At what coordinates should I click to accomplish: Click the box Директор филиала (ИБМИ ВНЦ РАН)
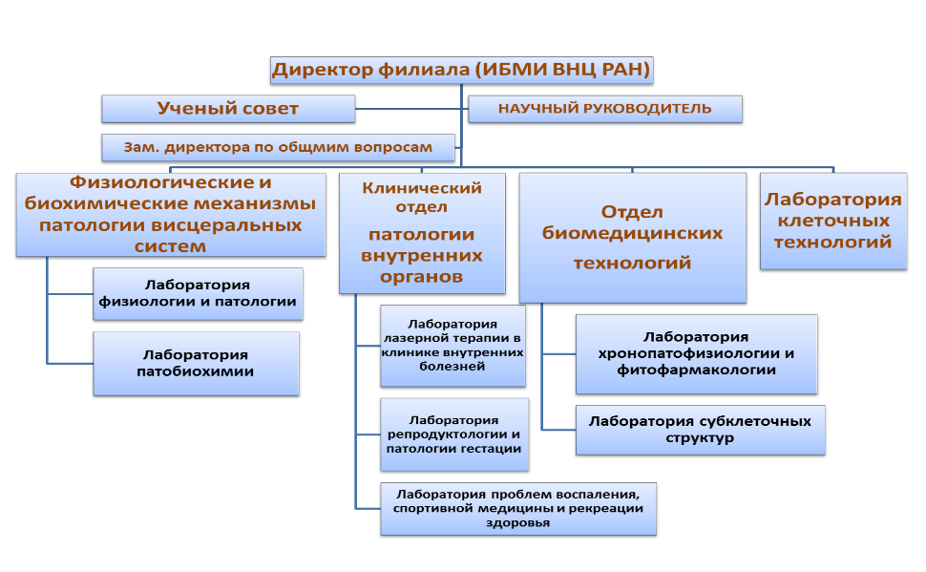461,71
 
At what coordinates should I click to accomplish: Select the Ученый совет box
228,109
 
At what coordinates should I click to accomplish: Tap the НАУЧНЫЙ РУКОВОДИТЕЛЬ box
604,109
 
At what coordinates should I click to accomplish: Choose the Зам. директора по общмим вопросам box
278,148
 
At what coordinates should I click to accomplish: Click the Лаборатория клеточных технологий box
833,221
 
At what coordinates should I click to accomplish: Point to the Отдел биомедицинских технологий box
633,238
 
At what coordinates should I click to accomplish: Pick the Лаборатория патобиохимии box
196,364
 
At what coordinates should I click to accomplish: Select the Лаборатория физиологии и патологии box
198,294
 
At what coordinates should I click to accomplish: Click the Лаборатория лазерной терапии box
452,346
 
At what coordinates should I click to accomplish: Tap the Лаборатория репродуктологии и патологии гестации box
454,434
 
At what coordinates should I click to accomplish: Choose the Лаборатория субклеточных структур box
701,430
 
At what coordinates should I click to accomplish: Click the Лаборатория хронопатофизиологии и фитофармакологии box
696,354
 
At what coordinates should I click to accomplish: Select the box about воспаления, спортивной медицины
518,509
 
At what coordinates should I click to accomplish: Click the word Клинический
422,188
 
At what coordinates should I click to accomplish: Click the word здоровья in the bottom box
518,523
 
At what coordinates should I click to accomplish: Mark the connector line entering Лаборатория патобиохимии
71,364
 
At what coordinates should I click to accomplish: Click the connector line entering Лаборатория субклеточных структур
558,430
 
